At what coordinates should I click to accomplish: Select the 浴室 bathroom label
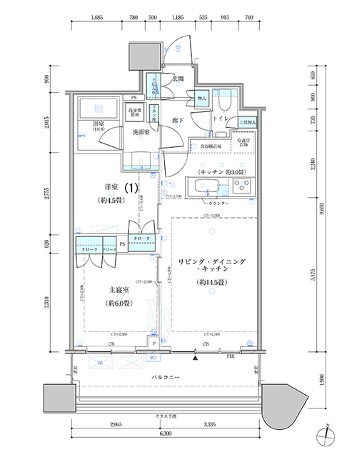coord(98,125)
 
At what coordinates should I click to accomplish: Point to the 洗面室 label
coord(140,132)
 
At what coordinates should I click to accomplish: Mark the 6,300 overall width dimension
coord(165,433)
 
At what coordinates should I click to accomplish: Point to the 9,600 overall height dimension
coord(326,211)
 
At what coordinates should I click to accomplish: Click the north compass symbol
coord(325,433)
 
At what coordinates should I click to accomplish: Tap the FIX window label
coord(230,356)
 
